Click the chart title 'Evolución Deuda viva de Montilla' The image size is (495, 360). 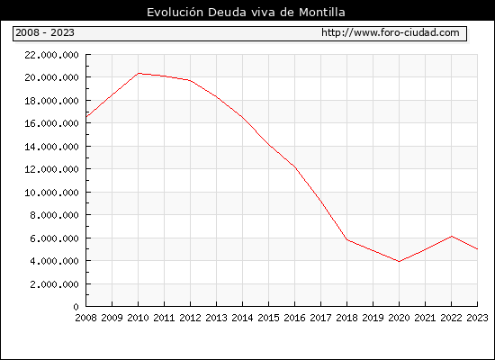click(x=246, y=13)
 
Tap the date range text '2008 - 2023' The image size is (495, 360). click(x=45, y=32)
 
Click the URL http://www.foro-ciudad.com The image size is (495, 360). click(x=391, y=32)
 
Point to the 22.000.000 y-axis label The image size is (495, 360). click(x=51, y=55)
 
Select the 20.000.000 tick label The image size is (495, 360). click(x=51, y=77)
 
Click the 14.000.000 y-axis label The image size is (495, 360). click(x=51, y=147)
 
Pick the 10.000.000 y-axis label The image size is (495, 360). click(x=51, y=193)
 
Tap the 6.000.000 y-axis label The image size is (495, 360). click(x=54, y=238)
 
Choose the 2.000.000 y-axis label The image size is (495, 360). click(x=54, y=284)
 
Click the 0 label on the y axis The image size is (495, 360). click(x=76, y=307)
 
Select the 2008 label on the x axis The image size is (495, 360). click(x=85, y=318)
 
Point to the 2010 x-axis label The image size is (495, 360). click(x=138, y=318)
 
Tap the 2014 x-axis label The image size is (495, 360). click(x=242, y=318)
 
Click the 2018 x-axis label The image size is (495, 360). click(x=346, y=318)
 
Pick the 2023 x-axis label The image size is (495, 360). click(x=477, y=318)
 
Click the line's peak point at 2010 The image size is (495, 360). click(x=139, y=73)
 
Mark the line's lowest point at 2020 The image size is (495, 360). click(x=399, y=262)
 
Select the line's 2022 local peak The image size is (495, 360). click(x=452, y=236)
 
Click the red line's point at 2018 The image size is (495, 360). click(x=346, y=239)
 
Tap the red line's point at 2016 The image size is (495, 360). click(x=295, y=167)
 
